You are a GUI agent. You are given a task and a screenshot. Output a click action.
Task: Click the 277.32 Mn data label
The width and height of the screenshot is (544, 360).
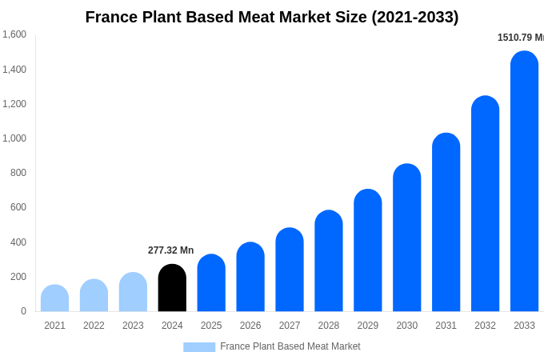point(170,250)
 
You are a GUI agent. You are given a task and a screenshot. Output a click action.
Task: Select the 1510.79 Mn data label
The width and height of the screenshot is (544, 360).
point(520,38)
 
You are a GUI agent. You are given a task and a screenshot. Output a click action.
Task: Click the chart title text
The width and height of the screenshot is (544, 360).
point(272,17)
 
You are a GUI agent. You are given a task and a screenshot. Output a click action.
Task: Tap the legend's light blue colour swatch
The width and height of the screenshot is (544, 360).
point(199,347)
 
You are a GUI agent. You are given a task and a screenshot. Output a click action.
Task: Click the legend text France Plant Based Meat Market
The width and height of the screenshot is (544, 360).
point(290,346)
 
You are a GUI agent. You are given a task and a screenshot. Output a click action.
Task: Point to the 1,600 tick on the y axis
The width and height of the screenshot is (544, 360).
point(14,34)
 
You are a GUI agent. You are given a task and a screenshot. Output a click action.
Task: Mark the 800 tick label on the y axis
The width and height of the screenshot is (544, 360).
point(18,173)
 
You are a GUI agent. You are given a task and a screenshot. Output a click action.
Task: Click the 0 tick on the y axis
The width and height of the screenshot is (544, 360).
point(23,311)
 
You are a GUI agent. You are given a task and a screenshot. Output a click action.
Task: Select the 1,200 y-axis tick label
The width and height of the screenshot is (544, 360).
point(14,104)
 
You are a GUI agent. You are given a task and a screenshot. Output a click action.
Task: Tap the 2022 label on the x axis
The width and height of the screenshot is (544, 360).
point(94,326)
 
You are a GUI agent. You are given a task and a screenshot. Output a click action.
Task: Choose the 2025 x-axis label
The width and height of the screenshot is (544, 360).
point(211,326)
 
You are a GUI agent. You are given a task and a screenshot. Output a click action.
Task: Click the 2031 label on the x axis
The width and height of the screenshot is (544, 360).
point(446,326)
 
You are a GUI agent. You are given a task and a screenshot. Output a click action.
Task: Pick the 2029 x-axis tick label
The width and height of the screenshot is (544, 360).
point(367,326)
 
